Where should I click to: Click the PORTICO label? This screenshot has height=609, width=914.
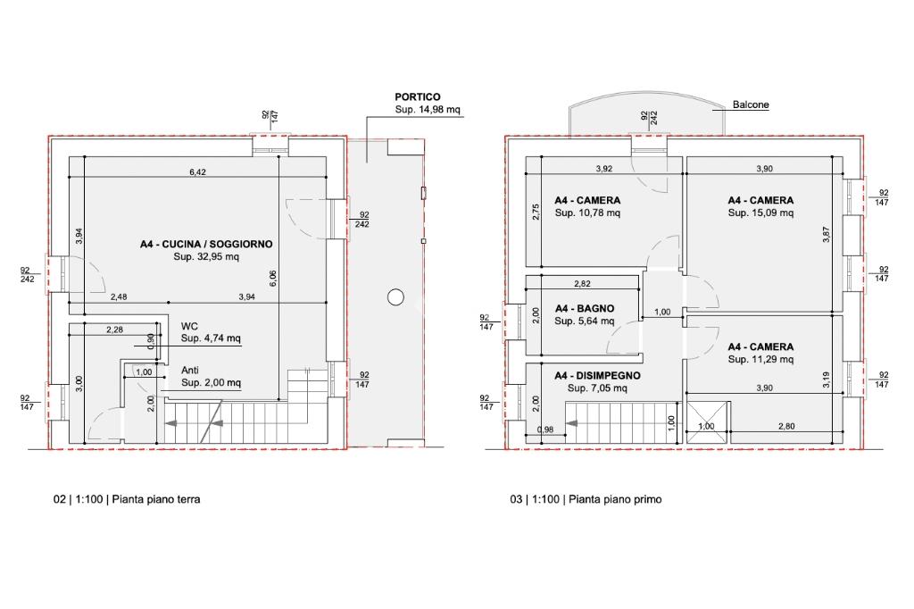[418, 96]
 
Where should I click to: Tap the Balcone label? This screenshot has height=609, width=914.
[750, 105]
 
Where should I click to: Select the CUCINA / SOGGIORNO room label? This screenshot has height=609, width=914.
[206, 244]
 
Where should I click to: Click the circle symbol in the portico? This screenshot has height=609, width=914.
[395, 297]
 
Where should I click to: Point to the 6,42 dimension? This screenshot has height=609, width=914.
[197, 172]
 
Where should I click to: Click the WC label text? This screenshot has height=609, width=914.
[189, 326]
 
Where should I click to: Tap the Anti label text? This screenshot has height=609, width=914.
[190, 371]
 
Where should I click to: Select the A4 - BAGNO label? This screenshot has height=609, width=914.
[584, 309]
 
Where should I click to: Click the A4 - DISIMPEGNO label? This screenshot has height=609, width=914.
[597, 376]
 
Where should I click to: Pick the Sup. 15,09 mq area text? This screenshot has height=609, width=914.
[760, 213]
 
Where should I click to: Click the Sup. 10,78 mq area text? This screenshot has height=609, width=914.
[587, 213]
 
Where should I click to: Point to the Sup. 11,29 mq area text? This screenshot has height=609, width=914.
[760, 359]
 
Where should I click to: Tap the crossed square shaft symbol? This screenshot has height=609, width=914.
[707, 422]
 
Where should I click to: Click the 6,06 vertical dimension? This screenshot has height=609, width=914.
[273, 279]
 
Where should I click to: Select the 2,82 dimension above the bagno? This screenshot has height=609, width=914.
[582, 284]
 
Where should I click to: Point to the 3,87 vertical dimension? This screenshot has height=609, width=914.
[826, 235]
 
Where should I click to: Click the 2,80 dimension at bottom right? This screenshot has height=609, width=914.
[786, 427]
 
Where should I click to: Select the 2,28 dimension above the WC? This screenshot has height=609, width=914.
[115, 330]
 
